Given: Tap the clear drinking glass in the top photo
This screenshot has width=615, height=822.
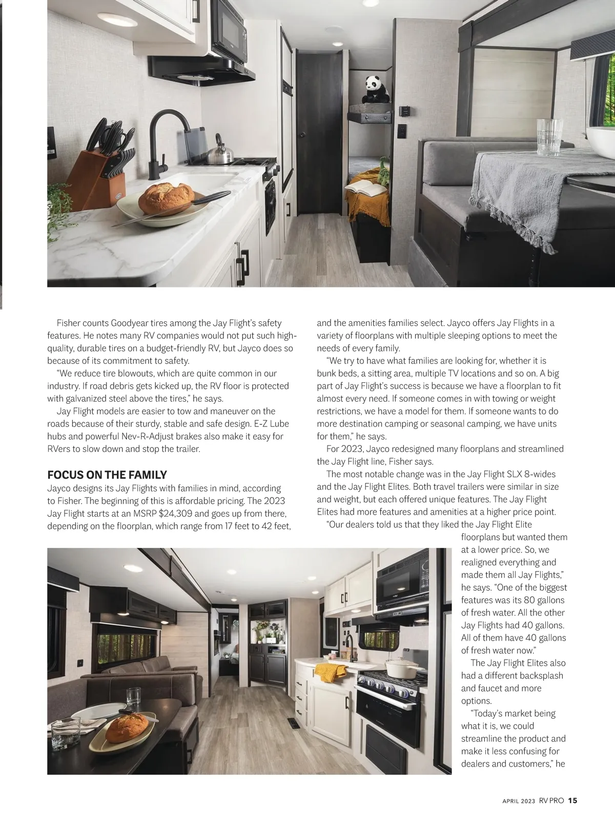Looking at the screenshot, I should click(x=549, y=137).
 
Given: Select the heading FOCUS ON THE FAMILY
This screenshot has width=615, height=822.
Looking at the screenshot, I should click(x=107, y=475).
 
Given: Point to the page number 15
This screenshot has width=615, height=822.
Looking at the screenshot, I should click(x=572, y=800).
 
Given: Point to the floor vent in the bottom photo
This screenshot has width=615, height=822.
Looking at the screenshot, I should click(x=293, y=724).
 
